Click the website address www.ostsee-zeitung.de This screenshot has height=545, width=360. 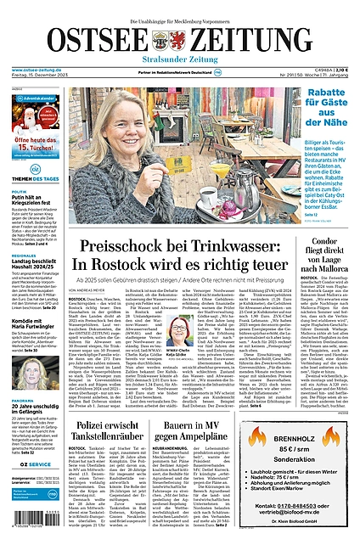tap(33, 70)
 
